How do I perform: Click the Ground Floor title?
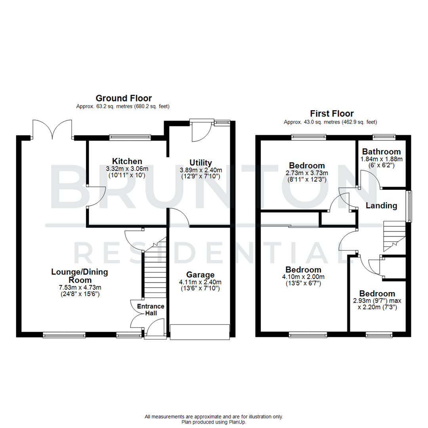click(124, 98)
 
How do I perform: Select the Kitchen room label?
click(127, 161)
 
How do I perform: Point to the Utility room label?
click(201, 162)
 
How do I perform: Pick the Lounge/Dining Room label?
click(79, 276)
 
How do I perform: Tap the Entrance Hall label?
click(150, 310)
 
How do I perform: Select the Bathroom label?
click(381, 151)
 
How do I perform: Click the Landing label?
click(381, 205)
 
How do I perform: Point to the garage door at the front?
click(200, 332)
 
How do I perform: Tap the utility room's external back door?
click(201, 130)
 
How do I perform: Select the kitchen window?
click(130, 138)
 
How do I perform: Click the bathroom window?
click(384, 137)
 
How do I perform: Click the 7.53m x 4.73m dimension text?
click(79, 288)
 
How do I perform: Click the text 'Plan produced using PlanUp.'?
click(214, 422)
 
